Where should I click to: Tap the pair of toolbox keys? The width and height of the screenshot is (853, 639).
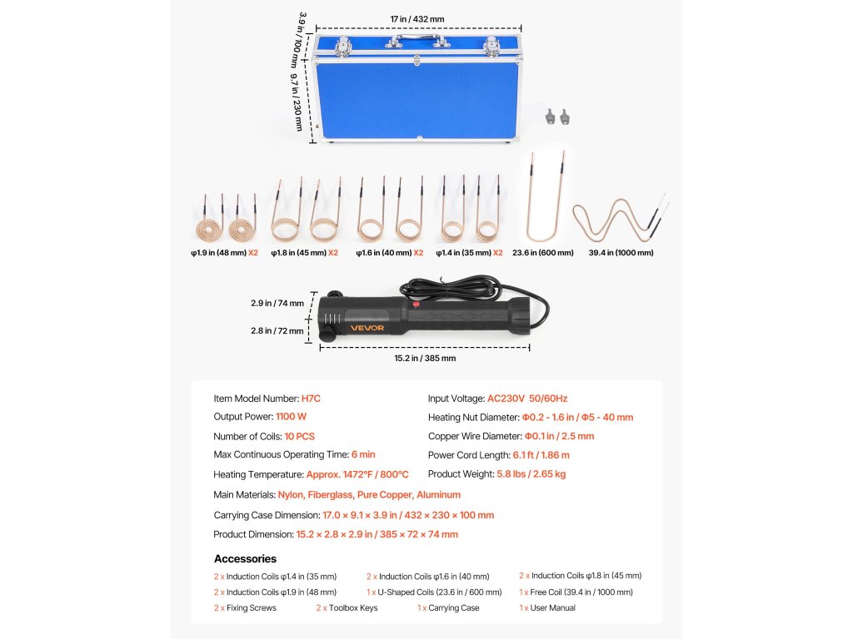556,117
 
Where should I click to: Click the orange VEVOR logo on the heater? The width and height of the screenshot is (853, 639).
367,328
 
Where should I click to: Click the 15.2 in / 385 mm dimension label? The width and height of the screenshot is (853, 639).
425,359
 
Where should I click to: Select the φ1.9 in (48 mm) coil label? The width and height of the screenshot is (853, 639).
219,253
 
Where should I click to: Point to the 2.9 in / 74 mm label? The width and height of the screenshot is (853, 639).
277,304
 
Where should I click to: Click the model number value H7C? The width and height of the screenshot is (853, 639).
310,399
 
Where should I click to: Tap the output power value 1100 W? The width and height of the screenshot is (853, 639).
291,418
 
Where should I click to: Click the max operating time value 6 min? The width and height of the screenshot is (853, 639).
363,455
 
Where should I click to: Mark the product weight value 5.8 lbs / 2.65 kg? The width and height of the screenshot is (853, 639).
531,474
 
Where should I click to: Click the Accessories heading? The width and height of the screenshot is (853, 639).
245,559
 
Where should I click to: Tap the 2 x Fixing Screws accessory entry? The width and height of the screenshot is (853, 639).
245,608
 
